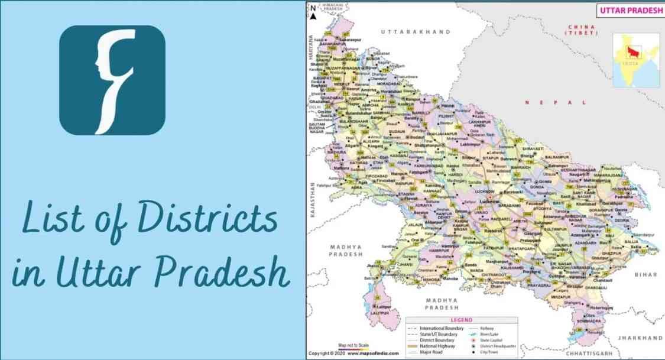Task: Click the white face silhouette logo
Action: coord(112,80)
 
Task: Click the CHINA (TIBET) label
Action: coord(583,30)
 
